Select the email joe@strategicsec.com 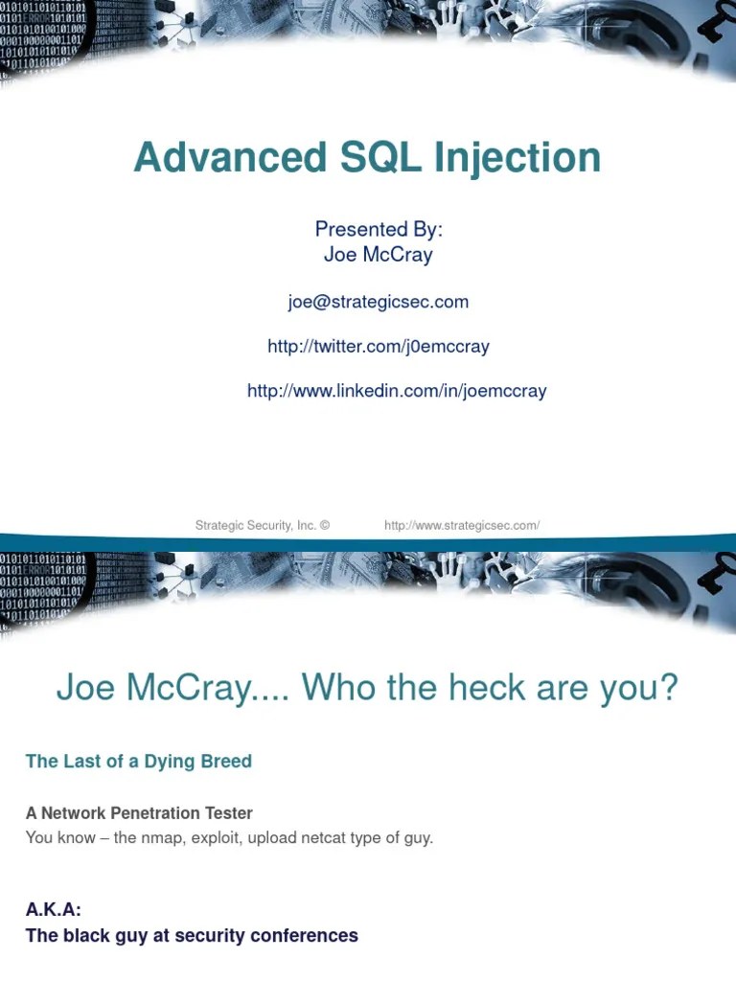pyautogui.click(x=378, y=302)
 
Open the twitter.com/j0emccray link pyautogui.click(x=378, y=347)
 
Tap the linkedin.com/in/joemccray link pyautogui.click(x=397, y=391)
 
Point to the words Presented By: pyautogui.click(x=379, y=230)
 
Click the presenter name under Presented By pyautogui.click(x=379, y=255)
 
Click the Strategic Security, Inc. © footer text pyautogui.click(x=262, y=525)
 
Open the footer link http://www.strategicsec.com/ pyautogui.click(x=462, y=525)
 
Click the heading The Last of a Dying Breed pyautogui.click(x=139, y=762)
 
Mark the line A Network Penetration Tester pyautogui.click(x=139, y=813)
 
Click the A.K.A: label pyautogui.click(x=54, y=911)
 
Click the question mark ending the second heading pyautogui.click(x=669, y=687)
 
